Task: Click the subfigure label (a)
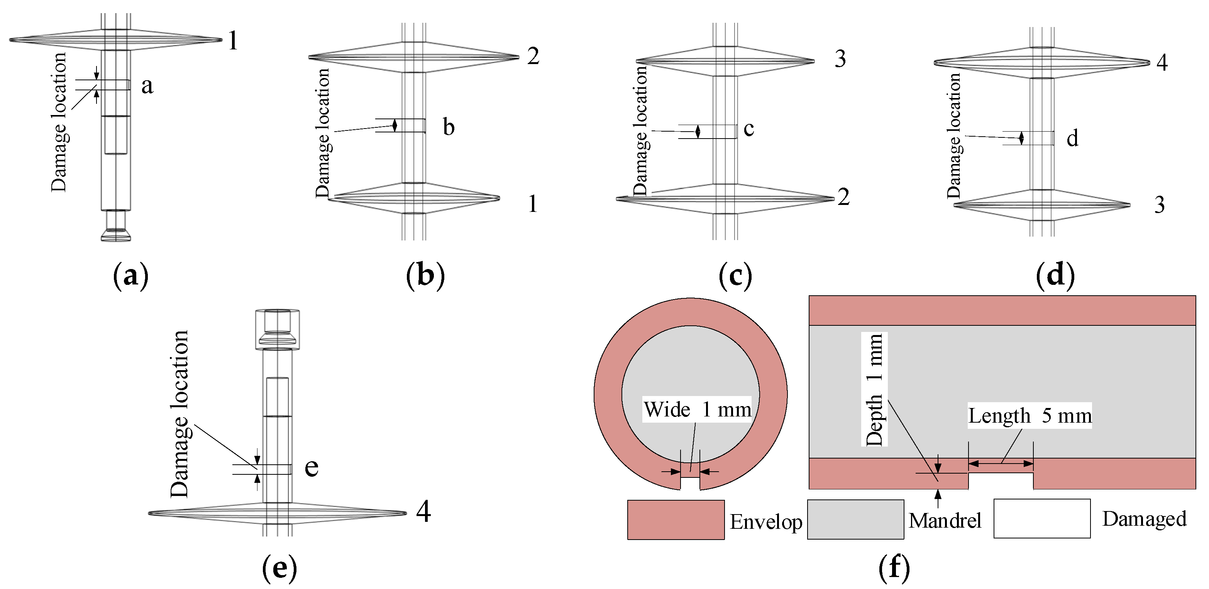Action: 130,276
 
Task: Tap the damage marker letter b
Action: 449,128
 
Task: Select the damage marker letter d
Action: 1072,139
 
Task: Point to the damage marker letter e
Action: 311,468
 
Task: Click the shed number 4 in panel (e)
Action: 423,511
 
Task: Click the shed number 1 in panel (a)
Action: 233,41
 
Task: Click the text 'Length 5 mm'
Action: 1030,416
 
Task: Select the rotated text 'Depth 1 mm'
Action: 874,389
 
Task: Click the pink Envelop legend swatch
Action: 676,520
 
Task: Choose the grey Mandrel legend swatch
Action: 855,520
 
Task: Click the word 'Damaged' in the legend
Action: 1144,519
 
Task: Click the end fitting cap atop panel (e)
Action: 278,328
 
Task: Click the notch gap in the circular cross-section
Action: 690,483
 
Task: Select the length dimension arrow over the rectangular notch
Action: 1001,464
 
